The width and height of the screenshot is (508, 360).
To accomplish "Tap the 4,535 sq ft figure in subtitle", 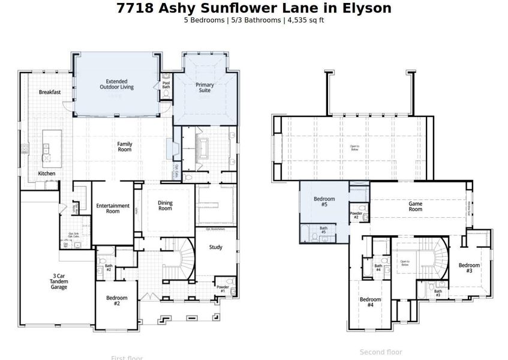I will coord(306,20).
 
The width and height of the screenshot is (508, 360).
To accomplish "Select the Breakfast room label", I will coord(50,92).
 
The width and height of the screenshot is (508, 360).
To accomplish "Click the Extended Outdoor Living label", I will coord(116,85).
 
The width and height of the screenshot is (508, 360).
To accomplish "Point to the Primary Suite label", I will coord(205,88).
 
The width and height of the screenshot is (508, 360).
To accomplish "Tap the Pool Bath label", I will coord(166,85).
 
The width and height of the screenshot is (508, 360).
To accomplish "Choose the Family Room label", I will coord(124,146).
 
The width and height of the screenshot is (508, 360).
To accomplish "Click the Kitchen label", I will coord(47,173).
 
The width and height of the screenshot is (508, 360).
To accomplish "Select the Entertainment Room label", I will coord(112,208).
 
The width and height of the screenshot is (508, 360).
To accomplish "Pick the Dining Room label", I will coord(165,206).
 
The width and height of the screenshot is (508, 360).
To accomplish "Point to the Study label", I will coord(215,247).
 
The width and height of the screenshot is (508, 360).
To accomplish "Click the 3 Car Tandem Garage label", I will coord(59,281).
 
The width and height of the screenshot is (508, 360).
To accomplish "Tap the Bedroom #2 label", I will coord(117,301).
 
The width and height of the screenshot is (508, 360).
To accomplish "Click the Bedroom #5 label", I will coord(324,202).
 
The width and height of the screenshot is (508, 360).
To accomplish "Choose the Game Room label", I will coord(415,206).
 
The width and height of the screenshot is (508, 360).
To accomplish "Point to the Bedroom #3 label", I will coord(469,268).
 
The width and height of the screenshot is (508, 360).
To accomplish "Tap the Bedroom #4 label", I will coord(370,302).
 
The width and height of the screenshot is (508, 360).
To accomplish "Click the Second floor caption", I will coord(381,352).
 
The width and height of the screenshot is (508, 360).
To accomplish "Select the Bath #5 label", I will coord(323,230).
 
